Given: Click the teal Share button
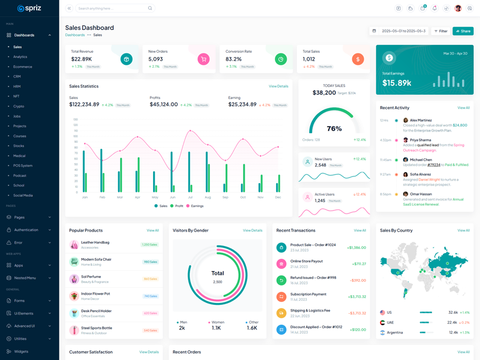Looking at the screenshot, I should pyautogui.click(x=463, y=31).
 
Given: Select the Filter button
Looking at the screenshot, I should pyautogui.click(x=440, y=31).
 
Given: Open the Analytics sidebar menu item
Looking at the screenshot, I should pyautogui.click(x=20, y=57).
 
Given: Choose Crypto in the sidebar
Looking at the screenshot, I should pyautogui.click(x=19, y=106).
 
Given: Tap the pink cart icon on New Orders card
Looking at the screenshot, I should pyautogui.click(x=203, y=59).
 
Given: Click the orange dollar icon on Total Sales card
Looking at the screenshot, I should pyautogui.click(x=358, y=59).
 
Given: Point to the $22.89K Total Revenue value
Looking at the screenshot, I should pyautogui.click(x=82, y=59).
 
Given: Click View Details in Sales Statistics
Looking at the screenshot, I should pyautogui.click(x=278, y=86).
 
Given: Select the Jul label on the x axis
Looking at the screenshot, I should pyautogui.click(x=190, y=197).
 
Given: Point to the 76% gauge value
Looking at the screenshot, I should pyautogui.click(x=334, y=128).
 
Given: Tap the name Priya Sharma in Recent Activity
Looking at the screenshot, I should pyautogui.click(x=421, y=140).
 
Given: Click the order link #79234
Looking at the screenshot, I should pyautogui.click(x=434, y=164).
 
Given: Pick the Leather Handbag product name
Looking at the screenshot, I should pyautogui.click(x=95, y=242).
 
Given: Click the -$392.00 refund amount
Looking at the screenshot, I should pyautogui.click(x=358, y=280).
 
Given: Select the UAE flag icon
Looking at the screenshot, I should pyautogui.click(x=383, y=322).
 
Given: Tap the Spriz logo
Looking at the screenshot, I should pyautogui.click(x=29, y=8).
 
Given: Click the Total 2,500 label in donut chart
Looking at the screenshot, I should pyautogui.click(x=217, y=276).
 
